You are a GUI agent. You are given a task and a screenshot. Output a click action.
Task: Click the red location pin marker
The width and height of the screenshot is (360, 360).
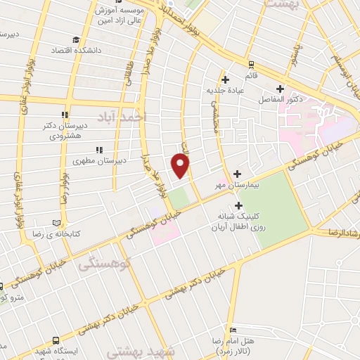pos(181,166)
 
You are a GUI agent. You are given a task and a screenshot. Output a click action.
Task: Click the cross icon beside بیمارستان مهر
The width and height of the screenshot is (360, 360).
pos(237,174)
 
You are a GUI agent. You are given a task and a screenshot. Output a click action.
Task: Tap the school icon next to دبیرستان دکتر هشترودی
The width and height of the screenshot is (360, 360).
pos(65,115)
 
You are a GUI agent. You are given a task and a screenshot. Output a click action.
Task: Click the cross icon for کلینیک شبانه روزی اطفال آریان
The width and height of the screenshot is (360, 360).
pos(239,206)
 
